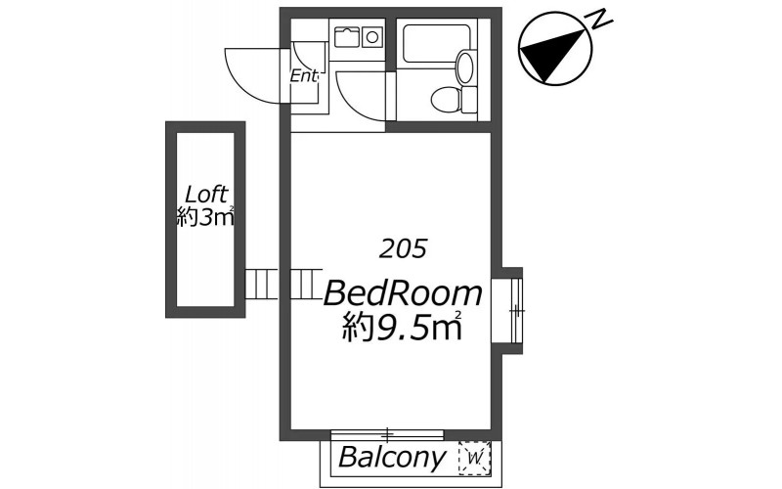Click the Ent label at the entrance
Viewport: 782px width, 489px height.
304,76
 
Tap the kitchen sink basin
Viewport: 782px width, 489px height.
347,36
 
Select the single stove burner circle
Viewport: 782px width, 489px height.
372,36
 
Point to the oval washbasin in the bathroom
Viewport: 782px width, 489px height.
465,67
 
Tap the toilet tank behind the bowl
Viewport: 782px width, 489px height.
470,100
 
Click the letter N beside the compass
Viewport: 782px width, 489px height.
601,20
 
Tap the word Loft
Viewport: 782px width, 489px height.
206,194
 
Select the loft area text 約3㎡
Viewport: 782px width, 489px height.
205,217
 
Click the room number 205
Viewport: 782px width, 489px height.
403,248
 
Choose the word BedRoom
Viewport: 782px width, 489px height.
403,293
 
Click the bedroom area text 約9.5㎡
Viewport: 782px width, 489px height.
402,327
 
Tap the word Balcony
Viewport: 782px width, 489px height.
392,457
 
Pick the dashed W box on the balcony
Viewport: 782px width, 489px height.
474,456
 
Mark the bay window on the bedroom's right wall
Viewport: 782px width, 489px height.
507,310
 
